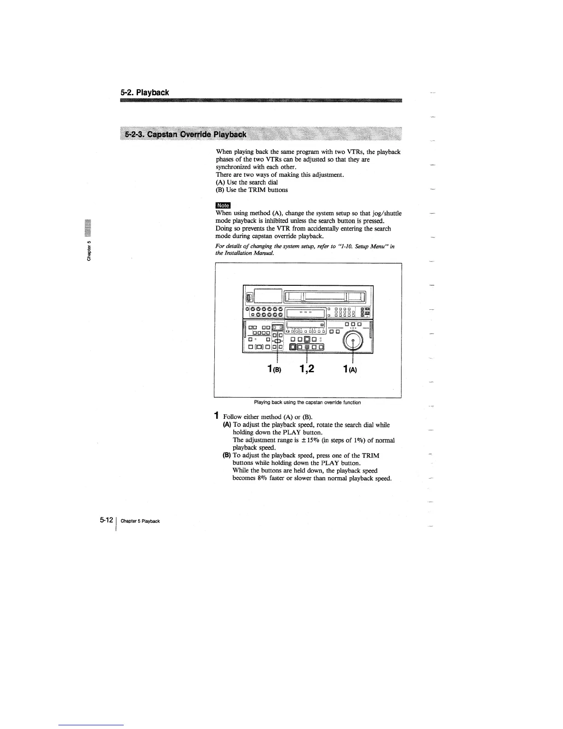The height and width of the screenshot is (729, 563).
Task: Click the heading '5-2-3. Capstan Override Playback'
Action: pyautogui.click(x=186, y=134)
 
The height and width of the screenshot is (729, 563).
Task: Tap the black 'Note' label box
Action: pyautogui.click(x=223, y=205)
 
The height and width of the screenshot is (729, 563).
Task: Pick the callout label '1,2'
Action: pyautogui.click(x=306, y=369)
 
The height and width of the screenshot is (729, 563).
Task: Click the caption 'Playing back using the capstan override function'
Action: pyautogui.click(x=308, y=402)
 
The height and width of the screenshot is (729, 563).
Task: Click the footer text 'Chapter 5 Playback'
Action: pyautogui.click(x=140, y=521)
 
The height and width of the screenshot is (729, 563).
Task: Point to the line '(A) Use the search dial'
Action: pyautogui.click(x=247, y=182)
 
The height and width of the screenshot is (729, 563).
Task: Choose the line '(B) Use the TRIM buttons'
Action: pyautogui.click(x=252, y=190)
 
